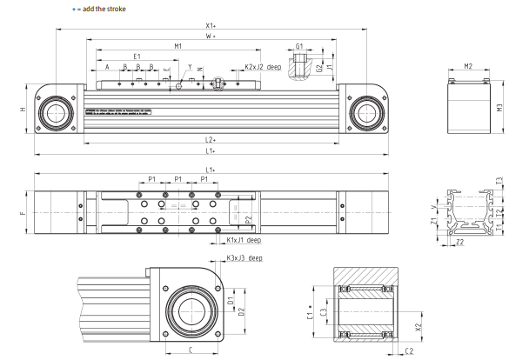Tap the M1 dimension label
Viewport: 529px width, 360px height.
(x=177, y=46)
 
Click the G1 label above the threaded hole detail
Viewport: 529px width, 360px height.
(x=299, y=46)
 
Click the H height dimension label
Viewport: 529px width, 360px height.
(x=24, y=110)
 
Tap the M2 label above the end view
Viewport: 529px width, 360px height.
(x=467, y=66)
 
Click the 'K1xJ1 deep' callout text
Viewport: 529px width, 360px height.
(x=244, y=239)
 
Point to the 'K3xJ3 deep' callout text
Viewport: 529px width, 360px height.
(x=244, y=258)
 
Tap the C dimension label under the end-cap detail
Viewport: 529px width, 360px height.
(x=191, y=350)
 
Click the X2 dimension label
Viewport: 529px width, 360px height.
(x=419, y=327)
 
